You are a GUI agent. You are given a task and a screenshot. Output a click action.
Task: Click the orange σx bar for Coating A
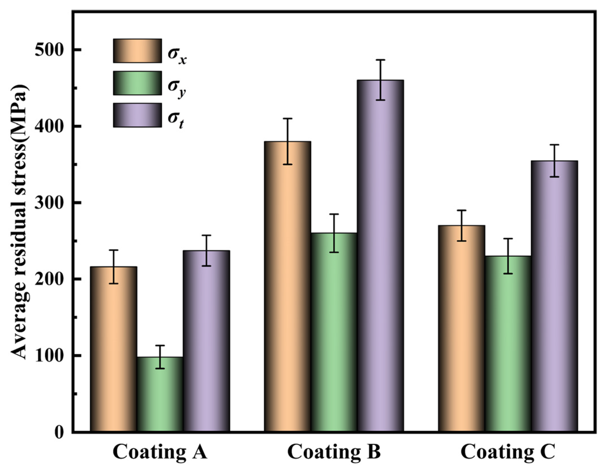coord(114,349)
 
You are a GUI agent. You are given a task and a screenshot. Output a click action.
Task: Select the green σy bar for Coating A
coord(160,395)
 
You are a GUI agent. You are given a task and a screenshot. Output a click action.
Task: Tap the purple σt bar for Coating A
coord(206,341)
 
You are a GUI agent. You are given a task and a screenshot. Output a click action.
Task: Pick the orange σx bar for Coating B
coord(288,287)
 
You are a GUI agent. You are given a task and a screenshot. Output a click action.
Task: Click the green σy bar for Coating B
coord(334,332)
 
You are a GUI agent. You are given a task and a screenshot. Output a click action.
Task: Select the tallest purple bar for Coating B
coord(380,256)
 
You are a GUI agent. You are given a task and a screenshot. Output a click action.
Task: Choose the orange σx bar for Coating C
coord(462,329)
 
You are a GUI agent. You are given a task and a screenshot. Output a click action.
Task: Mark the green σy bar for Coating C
coord(508,344)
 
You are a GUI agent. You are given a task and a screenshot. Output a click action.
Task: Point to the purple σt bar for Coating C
coord(554,295)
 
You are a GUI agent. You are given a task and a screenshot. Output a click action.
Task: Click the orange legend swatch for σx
coord(137,51)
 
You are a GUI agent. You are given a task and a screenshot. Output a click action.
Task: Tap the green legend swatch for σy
coord(137,83)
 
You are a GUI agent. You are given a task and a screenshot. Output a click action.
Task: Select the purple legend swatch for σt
coord(137,115)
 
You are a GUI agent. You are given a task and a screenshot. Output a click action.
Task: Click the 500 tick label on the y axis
coord(48,50)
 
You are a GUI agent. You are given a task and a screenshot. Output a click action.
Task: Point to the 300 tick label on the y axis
coord(48,203)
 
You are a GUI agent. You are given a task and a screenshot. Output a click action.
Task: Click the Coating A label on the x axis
coord(160,452)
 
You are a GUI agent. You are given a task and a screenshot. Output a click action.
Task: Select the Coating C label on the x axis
coord(508,452)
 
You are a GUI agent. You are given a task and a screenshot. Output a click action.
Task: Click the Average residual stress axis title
coord(20,222)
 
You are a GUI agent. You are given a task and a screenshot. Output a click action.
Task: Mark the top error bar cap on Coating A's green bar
coord(160,346)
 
